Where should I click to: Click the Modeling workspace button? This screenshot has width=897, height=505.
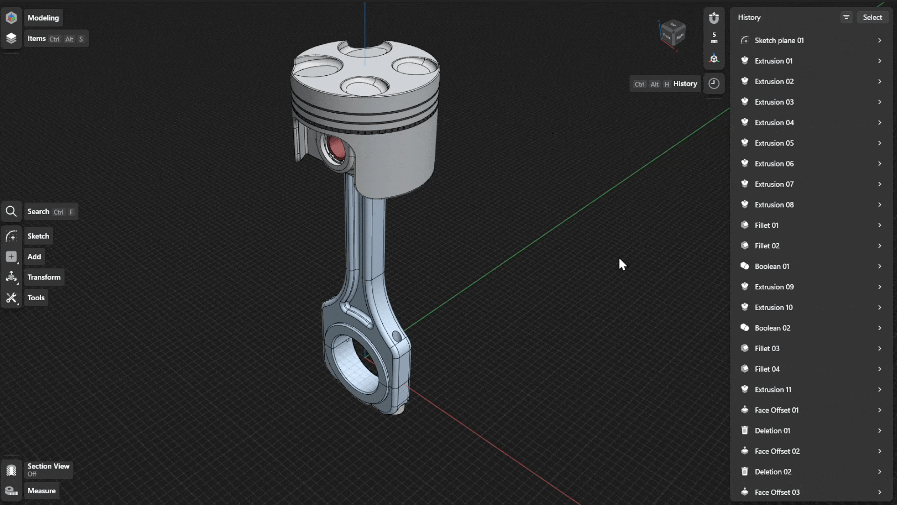click(43, 18)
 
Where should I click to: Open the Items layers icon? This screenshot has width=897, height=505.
click(11, 38)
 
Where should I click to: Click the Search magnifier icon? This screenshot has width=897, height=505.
click(11, 212)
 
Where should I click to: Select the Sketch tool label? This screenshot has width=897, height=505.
click(38, 236)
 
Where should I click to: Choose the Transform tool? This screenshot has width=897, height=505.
click(43, 277)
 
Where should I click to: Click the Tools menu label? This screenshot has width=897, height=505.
click(36, 298)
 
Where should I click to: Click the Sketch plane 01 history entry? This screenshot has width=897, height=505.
click(779, 40)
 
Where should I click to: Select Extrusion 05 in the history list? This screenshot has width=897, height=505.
click(774, 143)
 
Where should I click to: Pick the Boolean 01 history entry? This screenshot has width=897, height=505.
click(772, 267)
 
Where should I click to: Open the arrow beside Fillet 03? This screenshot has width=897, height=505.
click(879, 349)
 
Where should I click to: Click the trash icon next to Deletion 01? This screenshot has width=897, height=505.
click(745, 431)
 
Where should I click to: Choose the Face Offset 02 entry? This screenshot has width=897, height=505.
click(777, 451)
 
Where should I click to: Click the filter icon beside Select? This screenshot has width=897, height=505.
click(846, 17)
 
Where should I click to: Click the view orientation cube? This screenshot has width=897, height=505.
click(673, 34)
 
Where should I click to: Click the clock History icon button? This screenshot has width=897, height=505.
click(714, 84)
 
